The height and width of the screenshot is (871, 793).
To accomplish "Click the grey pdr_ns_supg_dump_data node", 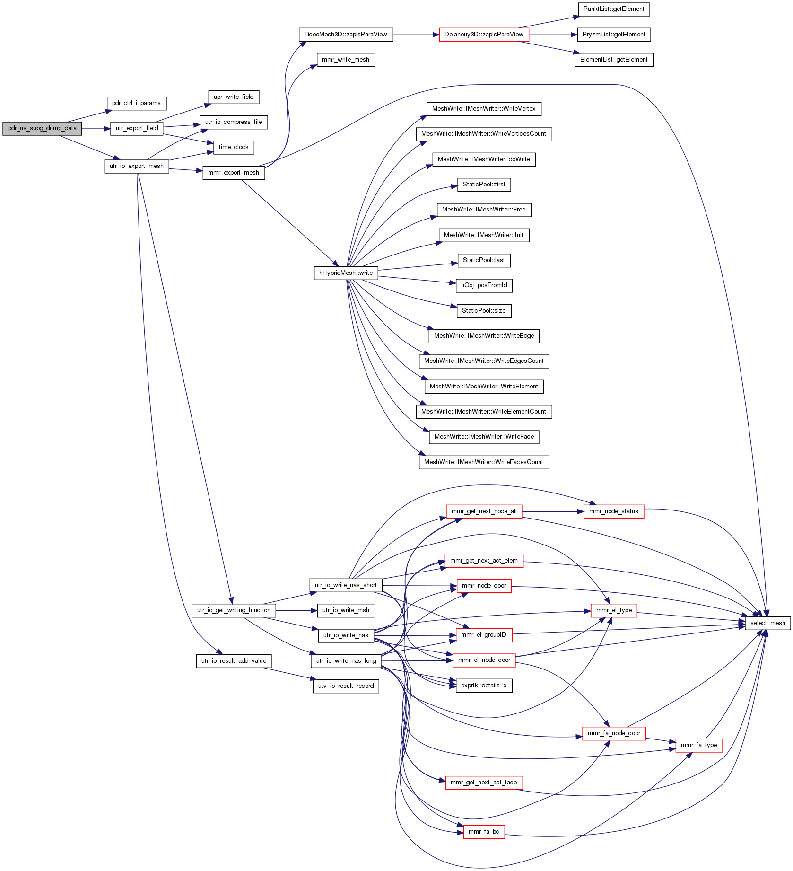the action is click(42, 128).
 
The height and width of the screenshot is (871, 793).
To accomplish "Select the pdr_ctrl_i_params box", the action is click(136, 103).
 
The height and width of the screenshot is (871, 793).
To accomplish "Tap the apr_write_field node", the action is click(234, 97).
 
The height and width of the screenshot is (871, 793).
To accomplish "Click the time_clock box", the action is click(234, 147).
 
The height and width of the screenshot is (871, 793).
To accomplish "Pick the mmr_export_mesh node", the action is click(234, 173).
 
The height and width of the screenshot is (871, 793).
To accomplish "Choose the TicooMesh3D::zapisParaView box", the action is click(346, 35).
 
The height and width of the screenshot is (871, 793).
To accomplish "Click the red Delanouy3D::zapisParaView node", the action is click(484, 35).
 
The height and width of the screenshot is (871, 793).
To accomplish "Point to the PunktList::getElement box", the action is click(614, 9).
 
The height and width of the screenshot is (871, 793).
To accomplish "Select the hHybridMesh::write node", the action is click(346, 273).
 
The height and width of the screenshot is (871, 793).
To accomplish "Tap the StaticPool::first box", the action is click(484, 185).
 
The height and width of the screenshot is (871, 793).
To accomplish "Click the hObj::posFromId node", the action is click(484, 285).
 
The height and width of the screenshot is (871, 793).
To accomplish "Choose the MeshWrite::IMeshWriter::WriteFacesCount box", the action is click(484, 462).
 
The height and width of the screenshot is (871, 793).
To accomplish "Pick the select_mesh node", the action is click(767, 623).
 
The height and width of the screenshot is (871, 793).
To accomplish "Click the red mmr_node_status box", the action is click(614, 511).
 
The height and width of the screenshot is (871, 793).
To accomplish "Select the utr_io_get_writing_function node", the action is click(234, 610).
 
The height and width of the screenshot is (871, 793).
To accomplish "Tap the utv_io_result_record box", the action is click(346, 686).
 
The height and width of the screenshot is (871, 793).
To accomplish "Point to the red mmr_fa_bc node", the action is click(484, 832).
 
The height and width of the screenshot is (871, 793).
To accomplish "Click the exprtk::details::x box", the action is click(484, 686).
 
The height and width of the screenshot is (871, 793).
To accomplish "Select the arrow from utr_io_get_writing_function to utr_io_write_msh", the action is click(296, 611).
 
